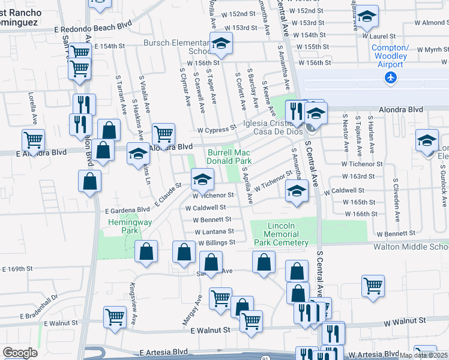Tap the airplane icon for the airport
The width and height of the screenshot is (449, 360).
391,77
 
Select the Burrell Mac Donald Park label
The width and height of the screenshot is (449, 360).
229,157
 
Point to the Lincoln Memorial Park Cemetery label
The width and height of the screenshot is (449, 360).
288,234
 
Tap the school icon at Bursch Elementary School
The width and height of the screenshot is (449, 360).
221,44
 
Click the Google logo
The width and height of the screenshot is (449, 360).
20,353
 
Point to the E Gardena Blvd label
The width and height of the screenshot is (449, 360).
127,210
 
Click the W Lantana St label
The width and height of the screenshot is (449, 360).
214,231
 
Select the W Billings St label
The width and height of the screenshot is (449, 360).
217,242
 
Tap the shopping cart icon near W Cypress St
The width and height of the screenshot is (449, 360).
163,133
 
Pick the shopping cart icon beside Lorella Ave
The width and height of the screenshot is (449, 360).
33,140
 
